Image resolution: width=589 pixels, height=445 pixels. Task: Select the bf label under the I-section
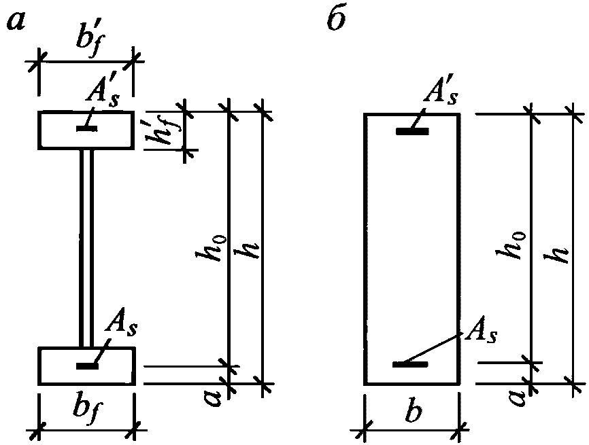(85, 412)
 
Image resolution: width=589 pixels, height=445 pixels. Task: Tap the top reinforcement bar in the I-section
(86, 128)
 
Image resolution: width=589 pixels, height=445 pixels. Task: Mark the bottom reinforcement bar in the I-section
(86, 366)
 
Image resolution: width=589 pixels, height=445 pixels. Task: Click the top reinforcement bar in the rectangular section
(413, 132)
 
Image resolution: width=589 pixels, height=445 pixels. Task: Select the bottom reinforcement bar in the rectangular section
(411, 365)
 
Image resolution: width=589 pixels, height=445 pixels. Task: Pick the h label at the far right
(560, 253)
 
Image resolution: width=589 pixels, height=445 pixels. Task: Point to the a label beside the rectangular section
(519, 394)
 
